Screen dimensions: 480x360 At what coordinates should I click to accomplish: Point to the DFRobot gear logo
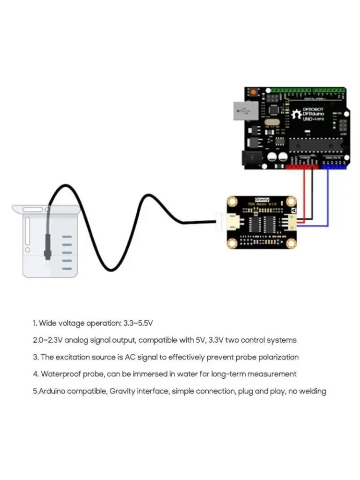295,114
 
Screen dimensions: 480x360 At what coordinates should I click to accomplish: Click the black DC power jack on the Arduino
250,158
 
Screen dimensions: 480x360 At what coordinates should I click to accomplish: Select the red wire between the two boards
303,192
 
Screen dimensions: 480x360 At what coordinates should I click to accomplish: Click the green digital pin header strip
307,90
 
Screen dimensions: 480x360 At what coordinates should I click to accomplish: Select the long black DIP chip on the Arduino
314,143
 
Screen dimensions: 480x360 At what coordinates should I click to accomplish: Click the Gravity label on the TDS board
262,199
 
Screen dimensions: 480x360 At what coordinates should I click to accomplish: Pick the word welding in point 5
313,391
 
